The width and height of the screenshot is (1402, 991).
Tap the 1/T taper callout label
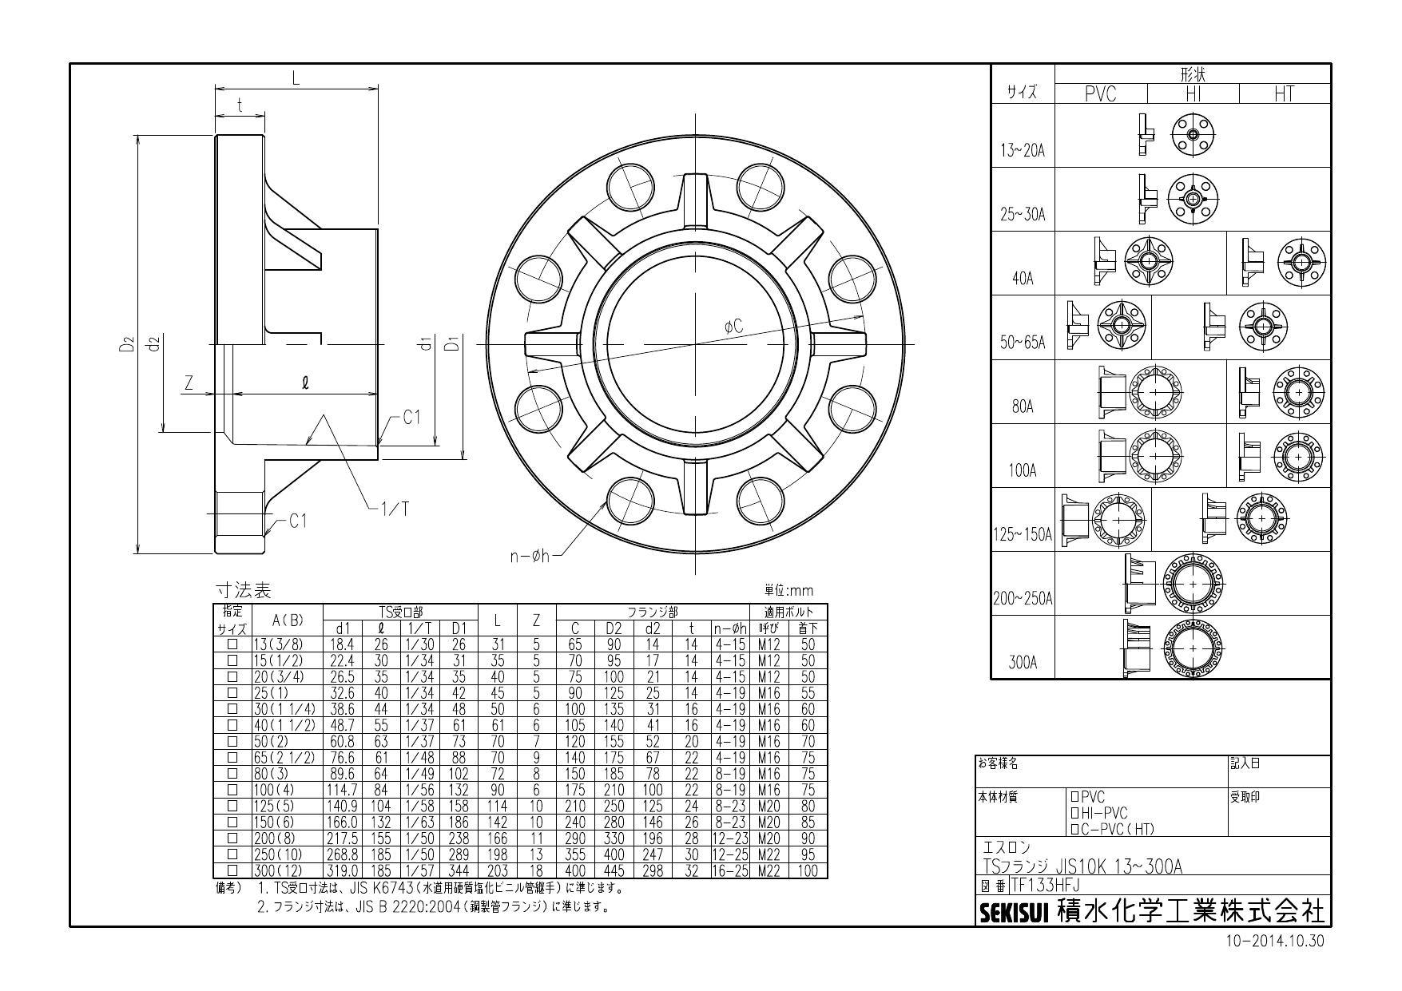click(x=393, y=508)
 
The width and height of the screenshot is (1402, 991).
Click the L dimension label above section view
click(x=295, y=78)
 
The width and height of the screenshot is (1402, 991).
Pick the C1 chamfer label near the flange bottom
click(x=297, y=521)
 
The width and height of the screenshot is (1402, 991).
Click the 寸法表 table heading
click(x=244, y=591)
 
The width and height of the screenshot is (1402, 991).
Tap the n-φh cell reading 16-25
click(x=729, y=871)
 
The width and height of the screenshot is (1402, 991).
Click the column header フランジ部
click(x=653, y=612)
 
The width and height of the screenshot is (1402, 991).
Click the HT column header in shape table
click(x=1284, y=94)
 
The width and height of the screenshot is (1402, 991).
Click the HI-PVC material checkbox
click(x=1074, y=813)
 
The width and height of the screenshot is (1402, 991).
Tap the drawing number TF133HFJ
click(x=1045, y=885)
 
